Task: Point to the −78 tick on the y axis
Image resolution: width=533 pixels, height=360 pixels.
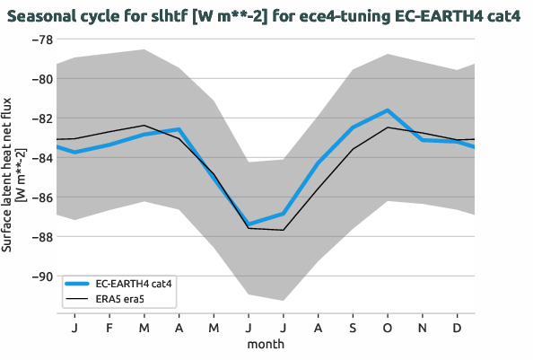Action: point(41,40)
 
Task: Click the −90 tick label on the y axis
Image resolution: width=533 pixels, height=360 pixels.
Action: point(41,277)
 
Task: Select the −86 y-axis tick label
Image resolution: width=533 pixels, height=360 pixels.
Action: point(41,198)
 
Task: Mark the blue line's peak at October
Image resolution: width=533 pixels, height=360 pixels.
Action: point(388,110)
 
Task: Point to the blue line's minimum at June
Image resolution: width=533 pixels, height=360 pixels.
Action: point(249,224)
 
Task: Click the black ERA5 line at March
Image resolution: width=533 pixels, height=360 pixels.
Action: point(144,126)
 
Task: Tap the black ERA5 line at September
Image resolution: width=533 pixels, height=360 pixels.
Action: point(353,149)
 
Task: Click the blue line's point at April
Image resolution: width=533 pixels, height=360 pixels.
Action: point(179,129)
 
